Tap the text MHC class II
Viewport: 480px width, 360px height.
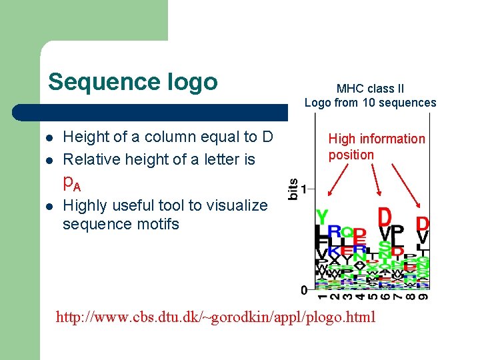(370, 88)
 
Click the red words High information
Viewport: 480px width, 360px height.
(376, 139)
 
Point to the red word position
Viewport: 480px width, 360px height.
(351, 155)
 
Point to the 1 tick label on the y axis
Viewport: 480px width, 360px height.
(303, 189)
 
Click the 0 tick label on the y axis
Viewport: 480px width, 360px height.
(303, 291)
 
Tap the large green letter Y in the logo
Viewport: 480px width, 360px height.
(322, 217)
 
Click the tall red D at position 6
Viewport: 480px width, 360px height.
(385, 217)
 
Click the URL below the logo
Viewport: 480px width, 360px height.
(216, 317)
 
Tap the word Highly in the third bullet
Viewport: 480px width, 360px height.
(84, 205)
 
